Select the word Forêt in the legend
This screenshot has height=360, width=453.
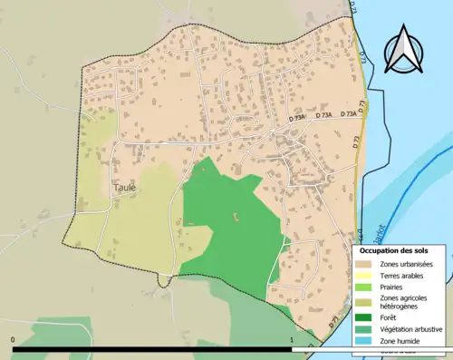coord(390,317)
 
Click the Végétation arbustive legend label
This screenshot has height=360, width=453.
coord(410,328)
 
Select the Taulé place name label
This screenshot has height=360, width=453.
coord(125,188)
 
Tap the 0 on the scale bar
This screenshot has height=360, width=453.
coord(14,339)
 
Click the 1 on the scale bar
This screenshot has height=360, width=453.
coord(293,339)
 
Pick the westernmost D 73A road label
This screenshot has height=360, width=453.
coord(297,118)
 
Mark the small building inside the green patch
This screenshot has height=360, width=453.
coord(237,216)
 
